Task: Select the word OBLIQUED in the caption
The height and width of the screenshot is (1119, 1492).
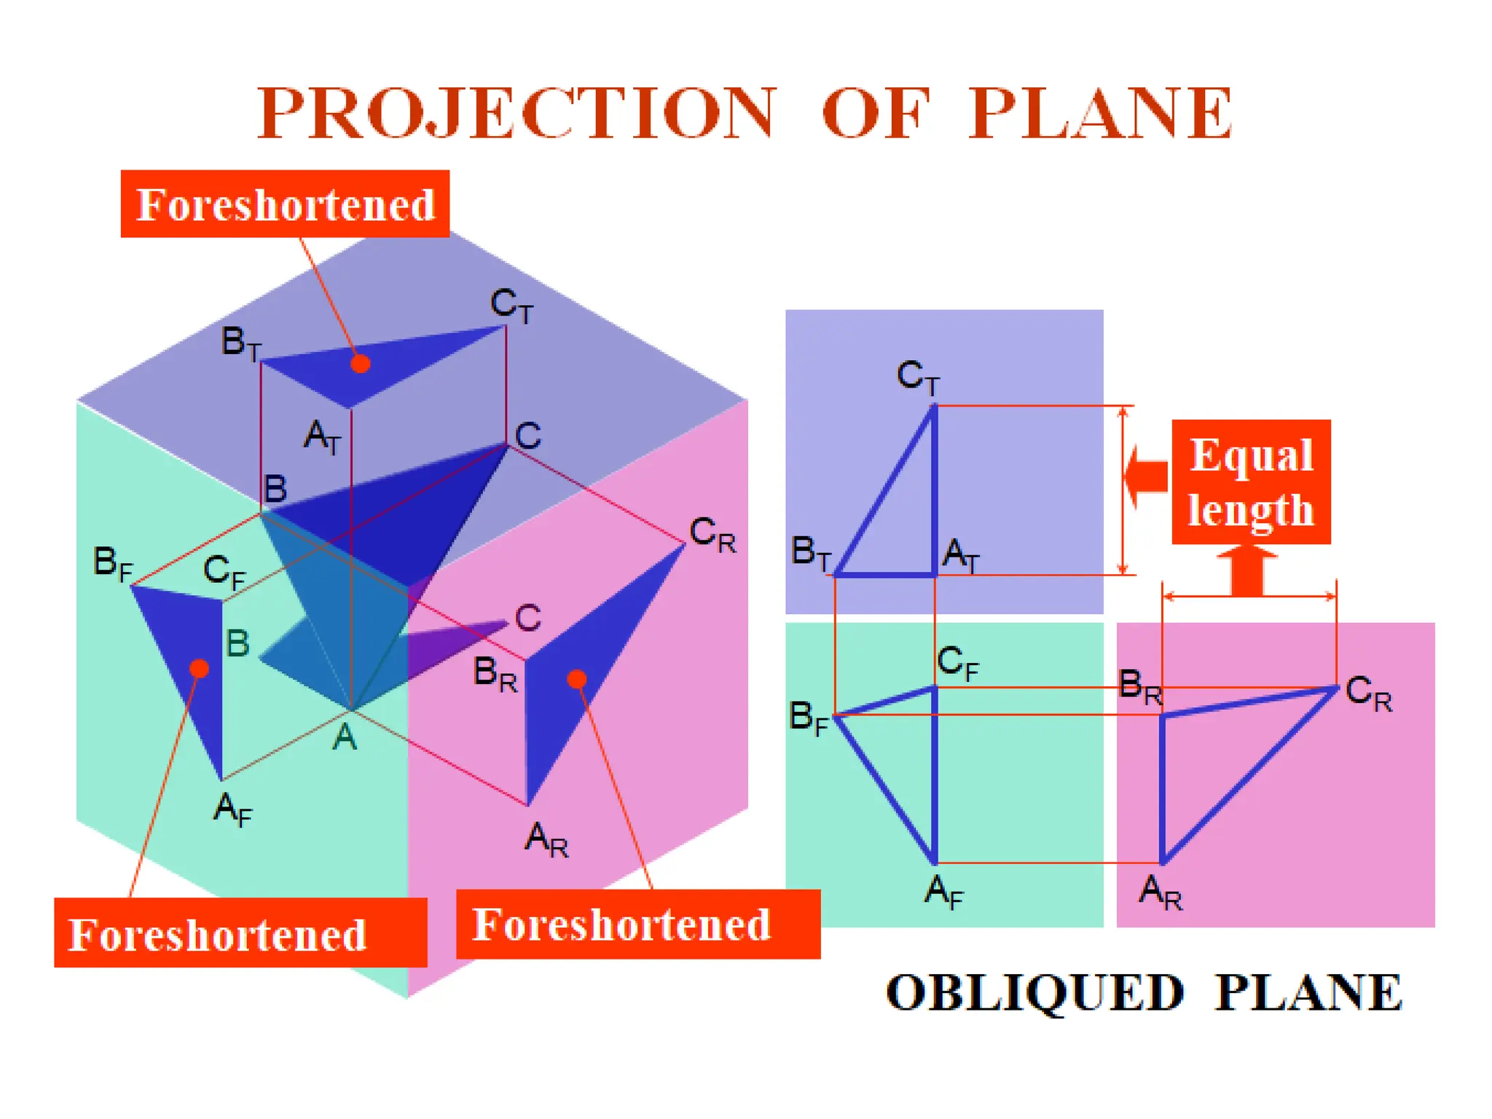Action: point(1035,992)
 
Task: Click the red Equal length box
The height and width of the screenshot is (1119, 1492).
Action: point(1251,482)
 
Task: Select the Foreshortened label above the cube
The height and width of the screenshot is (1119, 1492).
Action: point(285,204)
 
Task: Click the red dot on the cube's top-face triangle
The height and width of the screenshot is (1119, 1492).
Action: point(360,364)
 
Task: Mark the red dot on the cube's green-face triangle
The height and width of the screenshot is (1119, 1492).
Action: point(199,668)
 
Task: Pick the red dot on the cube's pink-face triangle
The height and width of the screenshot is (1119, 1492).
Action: point(577,679)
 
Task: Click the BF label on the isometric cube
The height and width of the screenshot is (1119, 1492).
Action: point(113,565)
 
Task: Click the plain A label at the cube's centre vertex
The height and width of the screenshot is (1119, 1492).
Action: point(344,737)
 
